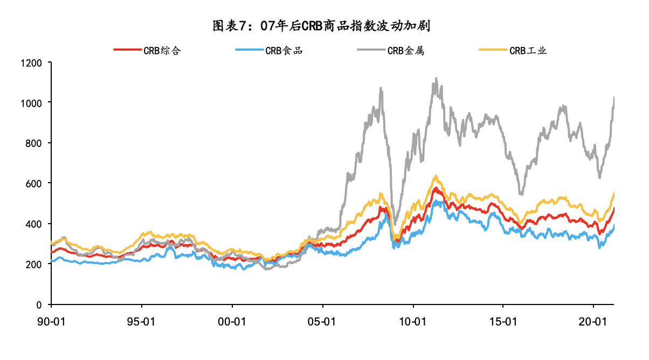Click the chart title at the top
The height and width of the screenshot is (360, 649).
(324, 25)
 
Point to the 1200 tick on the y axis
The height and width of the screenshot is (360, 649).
(31, 63)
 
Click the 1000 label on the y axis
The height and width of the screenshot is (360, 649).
(31, 102)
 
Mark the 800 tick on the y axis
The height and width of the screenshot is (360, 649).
(33, 143)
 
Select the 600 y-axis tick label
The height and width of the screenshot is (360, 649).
(33, 183)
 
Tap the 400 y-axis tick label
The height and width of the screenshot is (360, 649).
(33, 224)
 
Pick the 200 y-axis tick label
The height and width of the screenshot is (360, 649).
(33, 264)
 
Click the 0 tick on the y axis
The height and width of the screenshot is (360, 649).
(39, 304)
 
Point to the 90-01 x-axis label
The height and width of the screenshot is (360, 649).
(51, 322)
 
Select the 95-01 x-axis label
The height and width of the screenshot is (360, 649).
(142, 322)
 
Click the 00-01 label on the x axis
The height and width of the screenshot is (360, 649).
(232, 322)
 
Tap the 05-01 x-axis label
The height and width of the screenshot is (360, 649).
(322, 322)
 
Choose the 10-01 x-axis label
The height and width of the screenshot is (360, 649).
(413, 322)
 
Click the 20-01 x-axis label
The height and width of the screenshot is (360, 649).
(593, 322)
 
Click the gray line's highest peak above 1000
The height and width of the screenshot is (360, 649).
(436, 79)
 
